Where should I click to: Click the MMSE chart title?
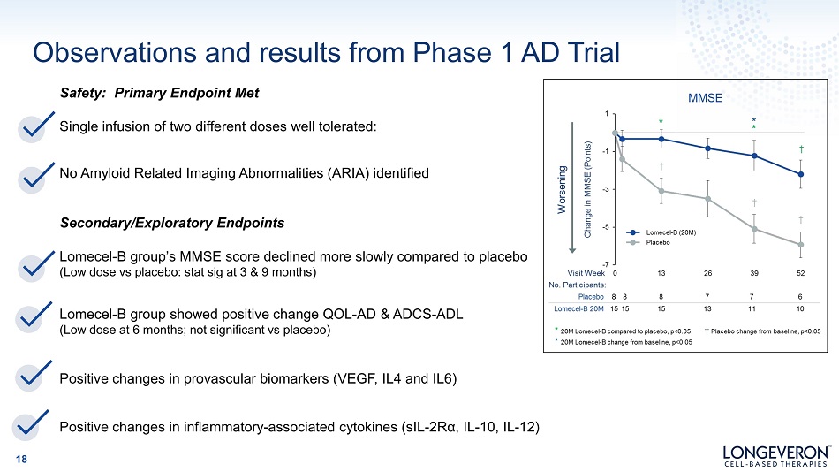click(x=705, y=98)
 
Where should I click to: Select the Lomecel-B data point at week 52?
click(x=801, y=174)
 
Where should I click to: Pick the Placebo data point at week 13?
click(x=661, y=191)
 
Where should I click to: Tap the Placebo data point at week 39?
click(x=754, y=229)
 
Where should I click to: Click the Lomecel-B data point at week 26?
click(x=708, y=148)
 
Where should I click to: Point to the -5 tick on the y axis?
click(x=606, y=227)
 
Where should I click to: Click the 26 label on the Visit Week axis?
click(x=707, y=273)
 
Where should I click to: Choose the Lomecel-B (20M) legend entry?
click(x=661, y=232)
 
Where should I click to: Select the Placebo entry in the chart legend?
click(x=648, y=243)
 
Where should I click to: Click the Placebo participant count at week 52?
click(x=800, y=297)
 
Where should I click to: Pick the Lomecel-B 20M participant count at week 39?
click(x=752, y=308)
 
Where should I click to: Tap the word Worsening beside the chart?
click(x=562, y=190)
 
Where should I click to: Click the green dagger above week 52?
click(x=801, y=149)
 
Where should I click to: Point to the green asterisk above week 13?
click(x=661, y=122)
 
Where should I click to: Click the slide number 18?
click(x=21, y=459)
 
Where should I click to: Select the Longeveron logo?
click(x=776, y=456)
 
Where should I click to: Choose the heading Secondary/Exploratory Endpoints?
click(x=171, y=223)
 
